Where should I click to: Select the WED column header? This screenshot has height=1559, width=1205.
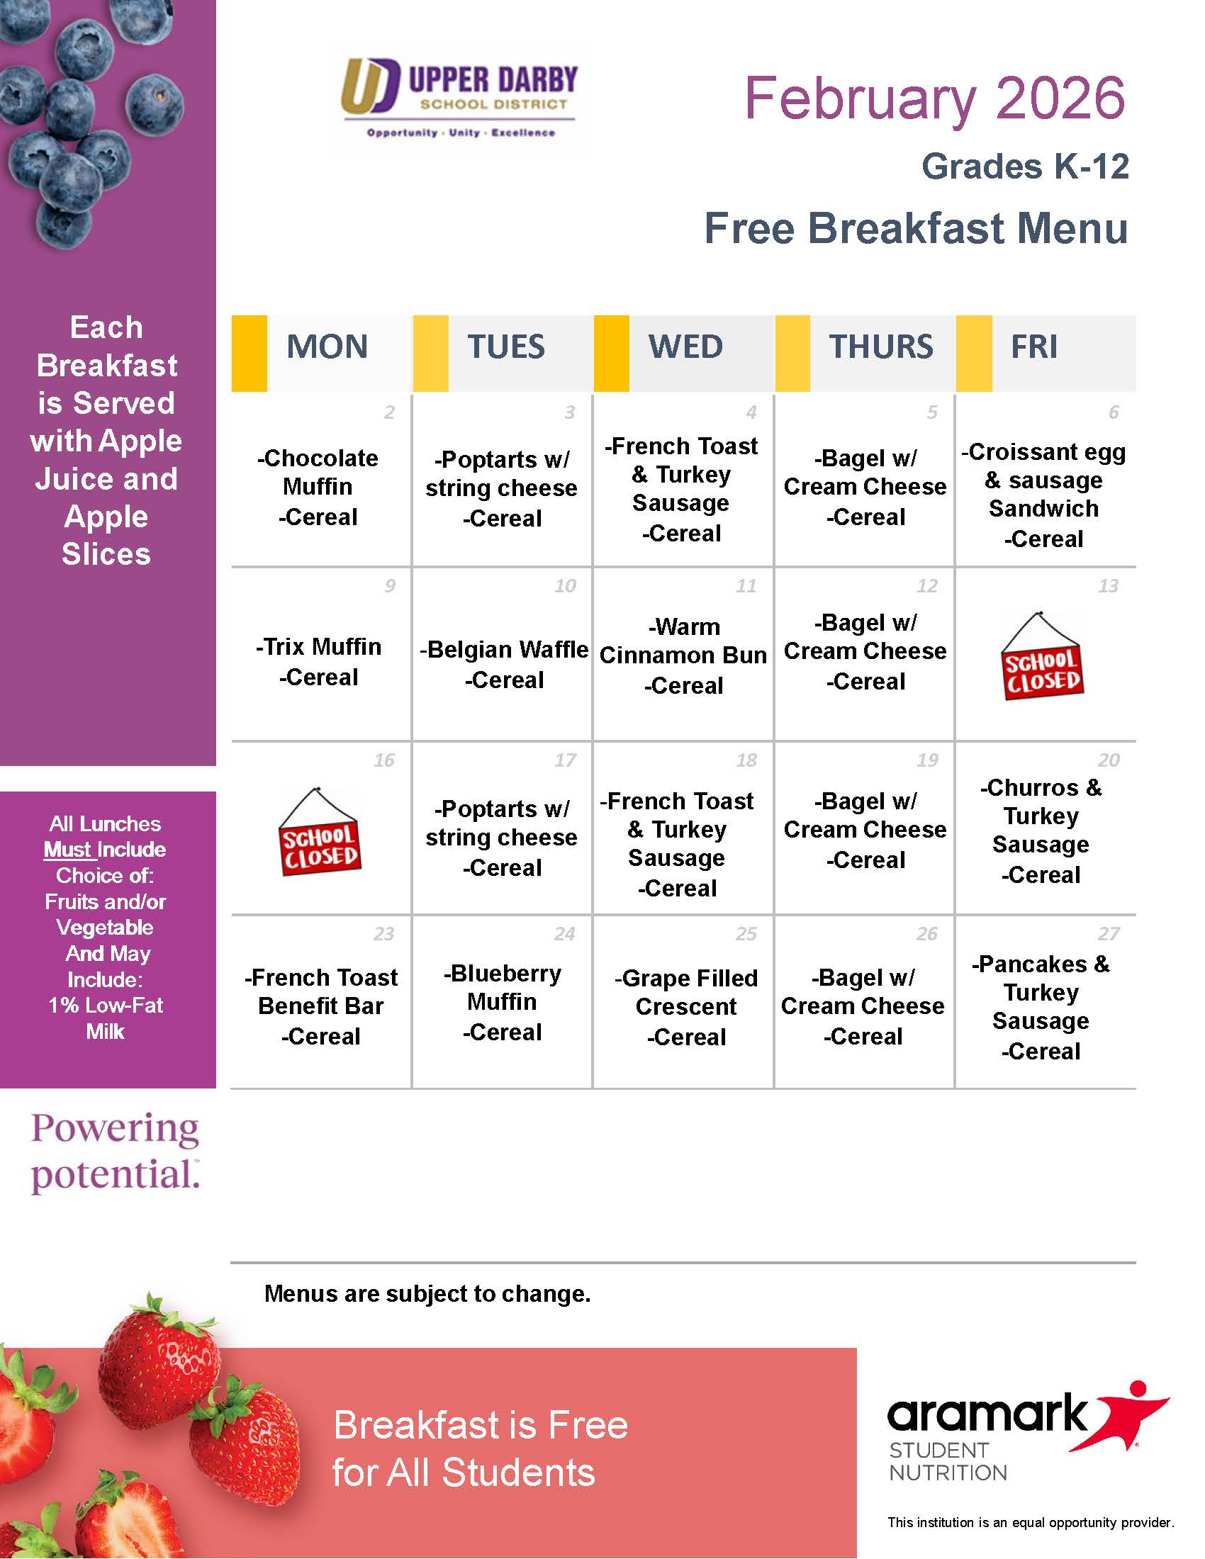[x=685, y=347]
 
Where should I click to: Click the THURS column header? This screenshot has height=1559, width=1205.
[x=880, y=347]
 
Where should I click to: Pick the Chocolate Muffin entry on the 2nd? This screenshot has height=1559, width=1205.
[x=318, y=487]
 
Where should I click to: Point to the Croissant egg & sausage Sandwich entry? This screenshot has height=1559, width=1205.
[x=1043, y=494]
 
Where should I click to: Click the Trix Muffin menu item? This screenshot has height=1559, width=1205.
[x=318, y=661]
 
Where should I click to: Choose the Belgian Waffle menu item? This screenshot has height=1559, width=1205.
[x=504, y=664]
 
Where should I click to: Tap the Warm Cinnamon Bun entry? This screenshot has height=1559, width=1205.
[x=683, y=655]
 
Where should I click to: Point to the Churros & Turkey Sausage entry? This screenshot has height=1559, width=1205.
[x=1041, y=831]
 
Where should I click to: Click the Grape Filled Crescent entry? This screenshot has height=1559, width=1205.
[x=686, y=1006]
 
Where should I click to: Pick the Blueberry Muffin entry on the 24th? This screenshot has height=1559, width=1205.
[x=503, y=1002]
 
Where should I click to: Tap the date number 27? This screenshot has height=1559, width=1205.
[x=1109, y=934]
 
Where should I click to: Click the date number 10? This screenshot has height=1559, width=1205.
[x=566, y=586]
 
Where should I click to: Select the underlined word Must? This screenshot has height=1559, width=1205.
[x=68, y=850]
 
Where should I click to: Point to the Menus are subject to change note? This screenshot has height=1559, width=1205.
[x=427, y=1293]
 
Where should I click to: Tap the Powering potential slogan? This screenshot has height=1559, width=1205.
[x=115, y=1152]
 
